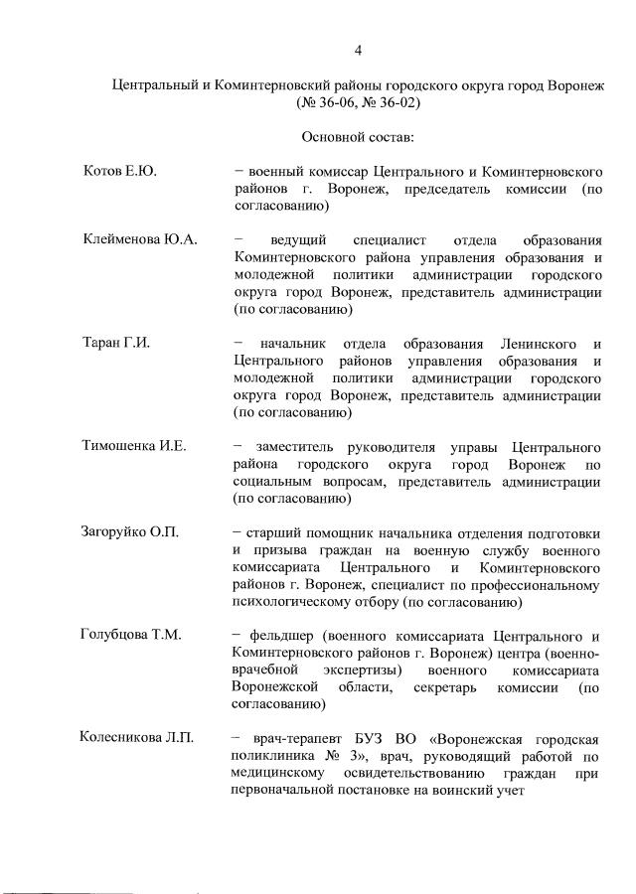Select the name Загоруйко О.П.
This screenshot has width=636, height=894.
pyautogui.click(x=130, y=532)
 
